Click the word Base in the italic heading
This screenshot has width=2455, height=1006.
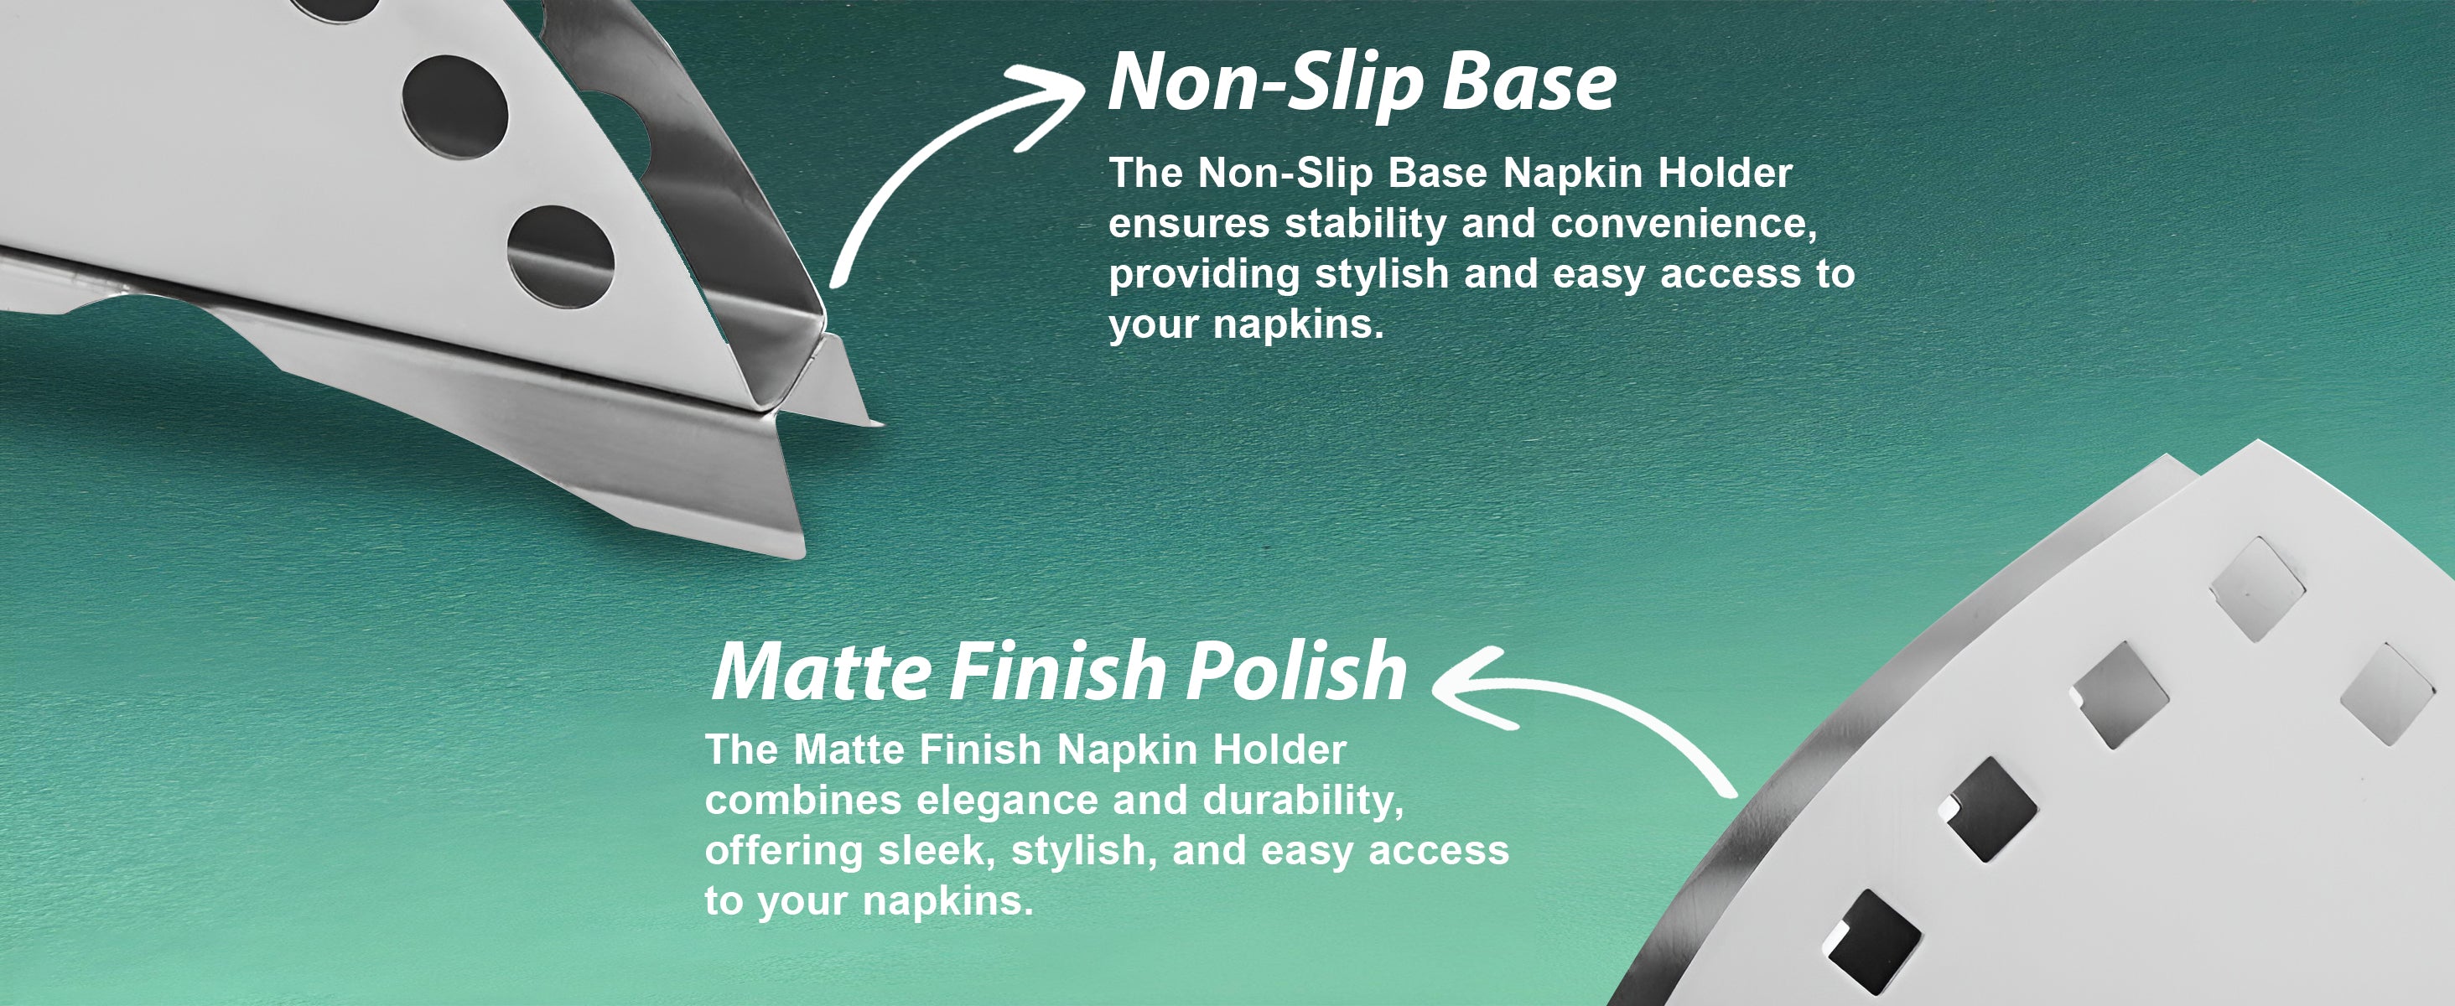point(1529,83)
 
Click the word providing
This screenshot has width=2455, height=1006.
point(1205,275)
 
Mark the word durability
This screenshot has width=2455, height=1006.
point(1304,801)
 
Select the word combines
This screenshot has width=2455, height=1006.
point(803,801)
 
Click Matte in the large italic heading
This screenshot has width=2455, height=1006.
point(821,672)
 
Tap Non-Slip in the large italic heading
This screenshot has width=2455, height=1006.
point(1267,83)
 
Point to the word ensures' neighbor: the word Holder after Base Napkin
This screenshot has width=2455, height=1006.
point(1726,174)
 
